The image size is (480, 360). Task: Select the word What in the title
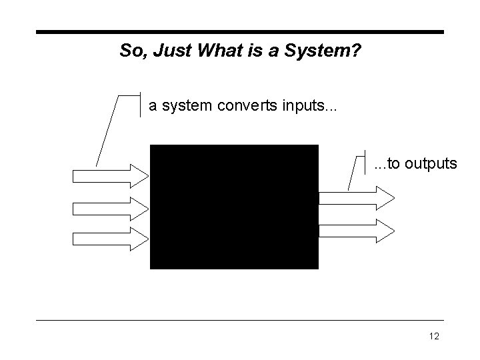[x=215, y=51]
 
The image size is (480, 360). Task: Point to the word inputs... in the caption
[x=307, y=105]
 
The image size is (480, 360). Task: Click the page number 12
[x=434, y=337]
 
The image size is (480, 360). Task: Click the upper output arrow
[x=357, y=197]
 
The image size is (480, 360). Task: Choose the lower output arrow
[x=357, y=229]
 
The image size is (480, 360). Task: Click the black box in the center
[x=234, y=207]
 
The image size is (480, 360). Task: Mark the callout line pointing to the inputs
[x=108, y=130]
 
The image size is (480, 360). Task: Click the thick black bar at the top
[x=239, y=31]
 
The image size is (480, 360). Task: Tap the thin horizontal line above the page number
[x=239, y=320]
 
